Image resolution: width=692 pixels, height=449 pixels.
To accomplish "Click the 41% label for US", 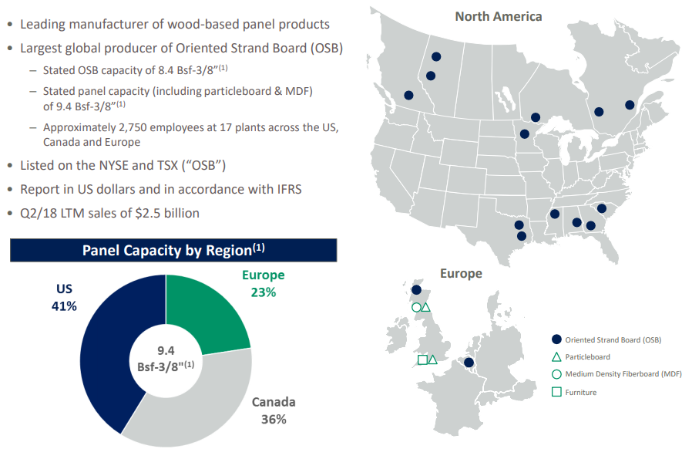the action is point(64,306).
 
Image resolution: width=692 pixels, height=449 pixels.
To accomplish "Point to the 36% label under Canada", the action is point(274,419).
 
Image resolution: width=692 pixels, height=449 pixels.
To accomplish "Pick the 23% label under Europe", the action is point(264,292).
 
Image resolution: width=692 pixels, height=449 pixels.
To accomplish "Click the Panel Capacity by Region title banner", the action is point(173,250).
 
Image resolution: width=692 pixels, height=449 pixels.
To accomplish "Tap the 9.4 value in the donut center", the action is point(166,350).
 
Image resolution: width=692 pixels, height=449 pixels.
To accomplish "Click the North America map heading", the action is point(499,16).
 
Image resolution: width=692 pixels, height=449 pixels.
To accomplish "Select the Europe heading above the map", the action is point(461,274).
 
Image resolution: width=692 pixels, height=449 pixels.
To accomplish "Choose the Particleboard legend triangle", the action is point(556,357).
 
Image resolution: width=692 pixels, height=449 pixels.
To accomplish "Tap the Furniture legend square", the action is point(556,392).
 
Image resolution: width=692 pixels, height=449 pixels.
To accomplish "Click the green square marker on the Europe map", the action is point(422,360).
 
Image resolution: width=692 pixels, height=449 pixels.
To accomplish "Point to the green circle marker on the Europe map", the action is point(415,307).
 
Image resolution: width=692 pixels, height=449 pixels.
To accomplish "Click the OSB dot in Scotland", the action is point(416,290).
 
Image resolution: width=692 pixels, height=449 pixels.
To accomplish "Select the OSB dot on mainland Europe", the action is point(469,363).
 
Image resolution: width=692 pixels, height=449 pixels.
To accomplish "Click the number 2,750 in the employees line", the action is point(131,128).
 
